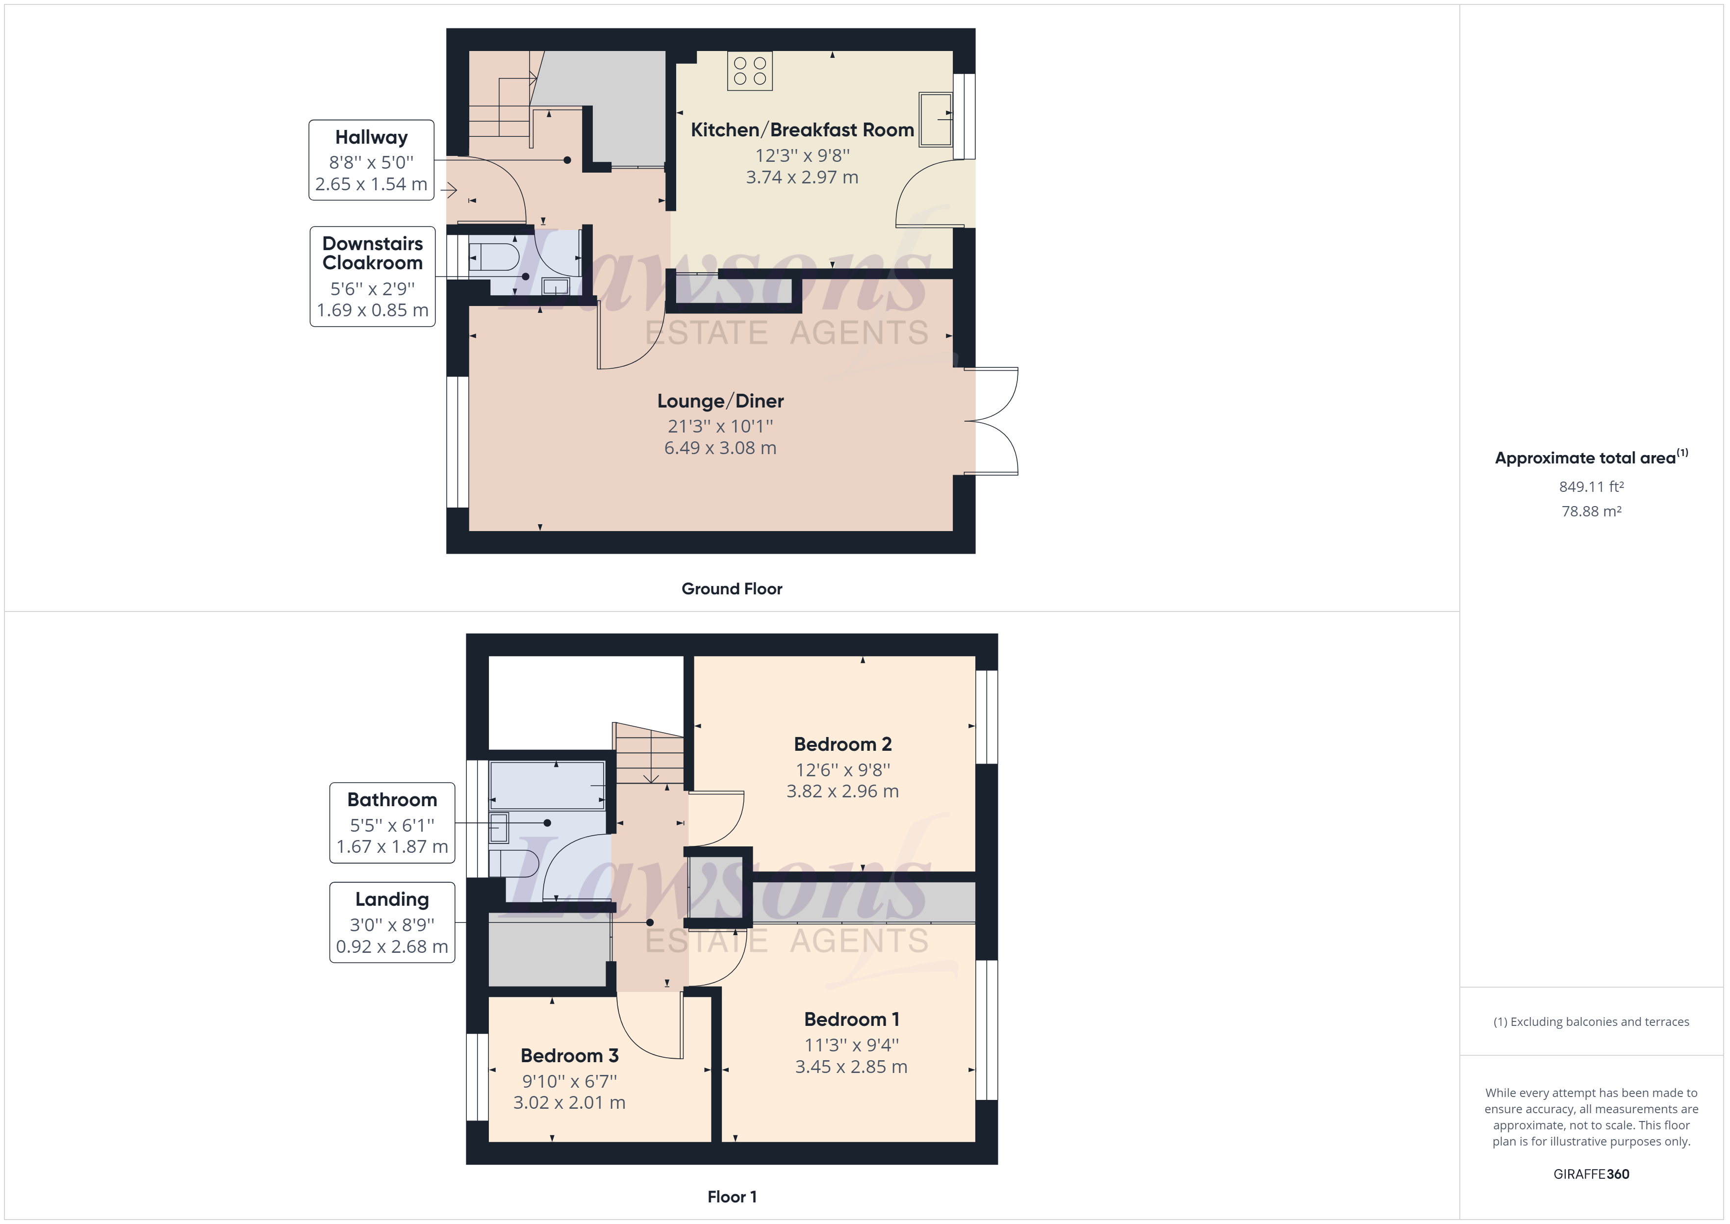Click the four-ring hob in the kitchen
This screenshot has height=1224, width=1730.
coord(750,71)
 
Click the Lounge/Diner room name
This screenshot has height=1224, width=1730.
coord(720,401)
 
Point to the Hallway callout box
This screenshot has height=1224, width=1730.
coord(372,160)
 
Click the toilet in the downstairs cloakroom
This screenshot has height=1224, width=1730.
coord(493,257)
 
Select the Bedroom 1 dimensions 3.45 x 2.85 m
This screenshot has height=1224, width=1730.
coord(851,1067)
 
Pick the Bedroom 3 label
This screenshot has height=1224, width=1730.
coord(570,1056)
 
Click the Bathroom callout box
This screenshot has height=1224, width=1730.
coord(392,823)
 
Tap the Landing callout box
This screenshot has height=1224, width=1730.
coord(392,922)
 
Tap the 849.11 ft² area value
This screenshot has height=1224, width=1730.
coord(1591,487)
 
